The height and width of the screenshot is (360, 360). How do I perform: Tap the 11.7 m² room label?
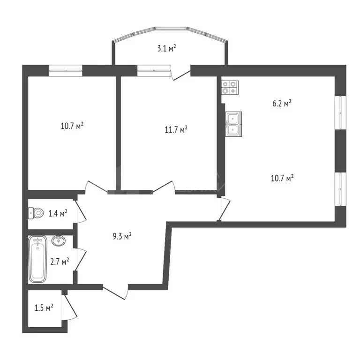176,129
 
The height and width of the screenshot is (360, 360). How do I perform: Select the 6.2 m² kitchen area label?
282,104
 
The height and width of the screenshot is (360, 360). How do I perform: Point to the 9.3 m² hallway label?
122,236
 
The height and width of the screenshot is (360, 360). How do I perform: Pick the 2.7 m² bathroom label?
60,261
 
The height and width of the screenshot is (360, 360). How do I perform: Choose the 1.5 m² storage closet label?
44,308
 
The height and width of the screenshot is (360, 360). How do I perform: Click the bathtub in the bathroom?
38,259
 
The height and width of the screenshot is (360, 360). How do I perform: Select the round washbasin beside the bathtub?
58,241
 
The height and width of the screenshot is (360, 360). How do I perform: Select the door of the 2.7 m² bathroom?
81,259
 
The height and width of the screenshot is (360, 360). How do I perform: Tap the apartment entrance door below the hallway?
116,292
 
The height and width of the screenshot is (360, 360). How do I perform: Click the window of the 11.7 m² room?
153,70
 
